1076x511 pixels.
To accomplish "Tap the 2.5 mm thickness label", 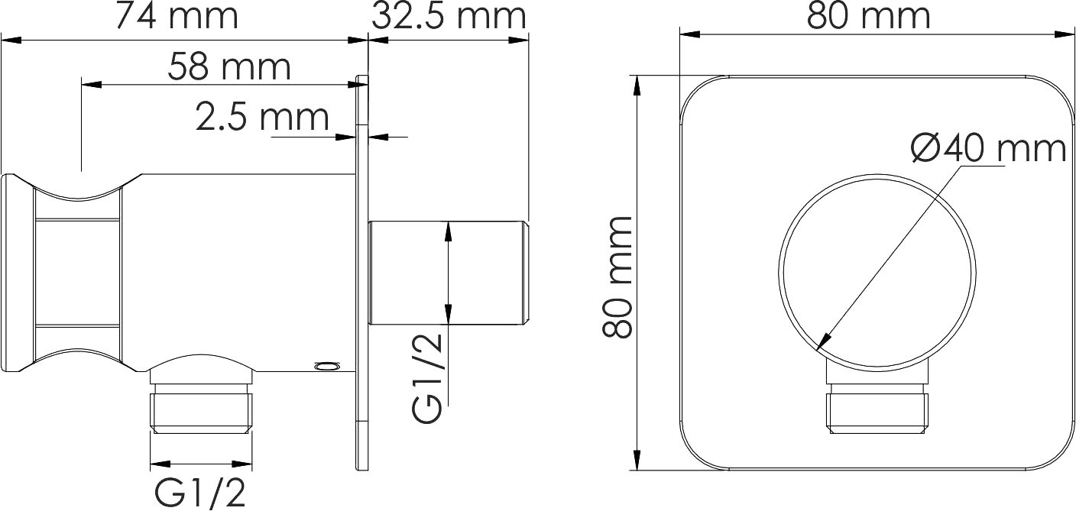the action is (262, 118).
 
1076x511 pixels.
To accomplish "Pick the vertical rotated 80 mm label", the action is (617, 277).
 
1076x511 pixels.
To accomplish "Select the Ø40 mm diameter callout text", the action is (989, 148).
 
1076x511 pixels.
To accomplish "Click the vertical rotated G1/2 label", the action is (427, 377).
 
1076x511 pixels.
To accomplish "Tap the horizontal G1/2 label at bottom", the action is (200, 492).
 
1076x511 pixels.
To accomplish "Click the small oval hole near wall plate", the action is (327, 367).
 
